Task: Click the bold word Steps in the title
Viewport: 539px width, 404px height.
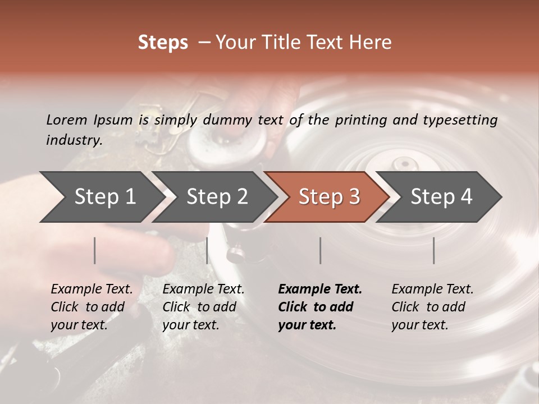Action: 163,43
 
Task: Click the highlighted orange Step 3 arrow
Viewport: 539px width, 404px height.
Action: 329,196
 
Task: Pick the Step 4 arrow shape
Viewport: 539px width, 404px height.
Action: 441,196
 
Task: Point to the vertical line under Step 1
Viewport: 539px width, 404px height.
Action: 95,250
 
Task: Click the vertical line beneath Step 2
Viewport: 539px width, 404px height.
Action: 207,250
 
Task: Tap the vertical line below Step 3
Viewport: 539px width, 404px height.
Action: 321,250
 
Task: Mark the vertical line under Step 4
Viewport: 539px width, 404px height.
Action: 433,250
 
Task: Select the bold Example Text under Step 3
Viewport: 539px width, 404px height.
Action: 320,307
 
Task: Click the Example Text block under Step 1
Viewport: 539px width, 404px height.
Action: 92,307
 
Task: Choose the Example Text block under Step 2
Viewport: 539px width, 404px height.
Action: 203,307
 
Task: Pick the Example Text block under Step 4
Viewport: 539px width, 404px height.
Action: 432,307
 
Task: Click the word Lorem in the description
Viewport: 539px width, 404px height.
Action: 66,120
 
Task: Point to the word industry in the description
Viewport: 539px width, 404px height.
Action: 74,140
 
